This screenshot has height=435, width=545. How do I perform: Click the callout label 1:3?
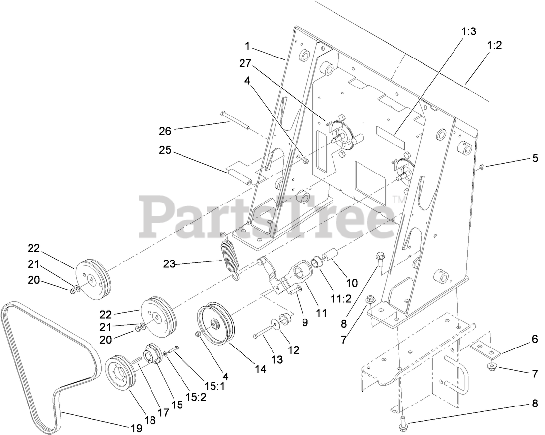click(x=469, y=32)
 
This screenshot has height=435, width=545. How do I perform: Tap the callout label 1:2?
click(x=494, y=45)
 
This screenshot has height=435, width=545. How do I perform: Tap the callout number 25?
click(x=165, y=151)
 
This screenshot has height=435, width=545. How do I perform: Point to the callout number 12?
click(x=294, y=350)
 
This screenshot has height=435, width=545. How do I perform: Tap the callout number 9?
click(x=305, y=322)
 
